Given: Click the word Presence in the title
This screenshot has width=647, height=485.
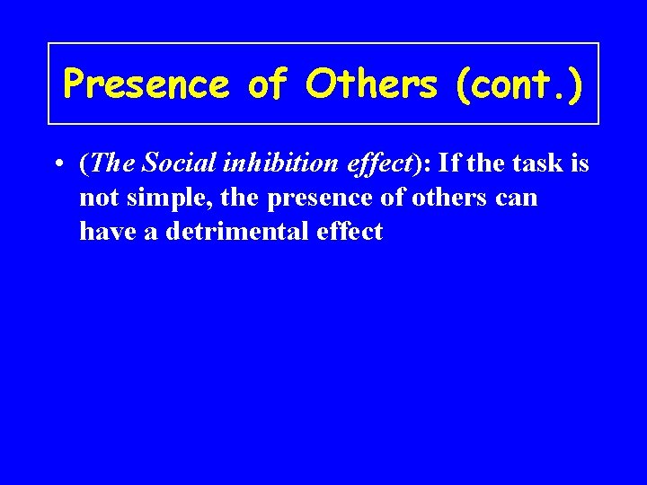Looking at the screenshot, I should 146,84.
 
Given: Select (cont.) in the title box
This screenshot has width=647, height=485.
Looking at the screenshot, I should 518,84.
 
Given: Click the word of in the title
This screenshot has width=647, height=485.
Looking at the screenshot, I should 267,84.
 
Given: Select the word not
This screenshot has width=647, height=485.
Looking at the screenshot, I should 95,198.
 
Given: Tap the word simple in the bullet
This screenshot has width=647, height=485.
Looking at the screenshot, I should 154,198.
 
